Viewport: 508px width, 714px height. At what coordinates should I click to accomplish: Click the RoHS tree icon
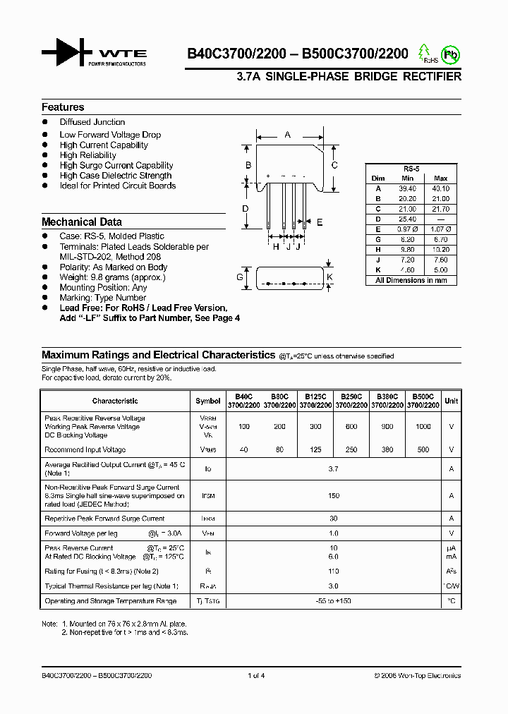pyautogui.click(x=424, y=53)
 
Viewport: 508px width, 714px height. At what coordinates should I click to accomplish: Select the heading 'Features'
pyautogui.click(x=63, y=107)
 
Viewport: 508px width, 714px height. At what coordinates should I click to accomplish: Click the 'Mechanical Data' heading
pyautogui.click(x=82, y=222)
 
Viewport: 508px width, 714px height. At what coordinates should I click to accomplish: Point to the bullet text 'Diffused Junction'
pyautogui.click(x=92, y=122)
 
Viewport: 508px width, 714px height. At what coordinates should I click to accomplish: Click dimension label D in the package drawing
pyautogui.click(x=246, y=208)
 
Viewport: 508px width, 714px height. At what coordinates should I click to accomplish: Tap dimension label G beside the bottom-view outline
pyautogui.click(x=240, y=278)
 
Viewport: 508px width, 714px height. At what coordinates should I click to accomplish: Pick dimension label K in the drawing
pyautogui.click(x=329, y=277)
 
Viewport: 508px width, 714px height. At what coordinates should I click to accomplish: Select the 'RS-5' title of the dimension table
pyautogui.click(x=411, y=169)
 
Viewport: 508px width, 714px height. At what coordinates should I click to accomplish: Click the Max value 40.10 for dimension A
pyautogui.click(x=440, y=189)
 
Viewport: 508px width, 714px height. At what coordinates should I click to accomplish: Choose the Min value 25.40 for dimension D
pyautogui.click(x=407, y=219)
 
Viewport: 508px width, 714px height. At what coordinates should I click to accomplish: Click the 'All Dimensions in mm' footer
pyautogui.click(x=411, y=280)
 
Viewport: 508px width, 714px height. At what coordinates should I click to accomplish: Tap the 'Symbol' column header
pyautogui.click(x=207, y=401)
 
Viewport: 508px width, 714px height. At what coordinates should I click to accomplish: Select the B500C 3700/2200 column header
pyautogui.click(x=423, y=401)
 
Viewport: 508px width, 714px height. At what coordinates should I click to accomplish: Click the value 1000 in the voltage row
pyautogui.click(x=423, y=427)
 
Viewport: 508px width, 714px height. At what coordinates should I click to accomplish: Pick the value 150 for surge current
pyautogui.click(x=334, y=496)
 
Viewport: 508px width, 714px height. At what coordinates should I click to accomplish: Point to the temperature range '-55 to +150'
pyautogui.click(x=334, y=601)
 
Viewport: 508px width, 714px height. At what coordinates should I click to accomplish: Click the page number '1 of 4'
pyautogui.click(x=256, y=676)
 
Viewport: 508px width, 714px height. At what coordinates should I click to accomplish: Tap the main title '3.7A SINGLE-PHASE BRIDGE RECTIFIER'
pyautogui.click(x=349, y=77)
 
